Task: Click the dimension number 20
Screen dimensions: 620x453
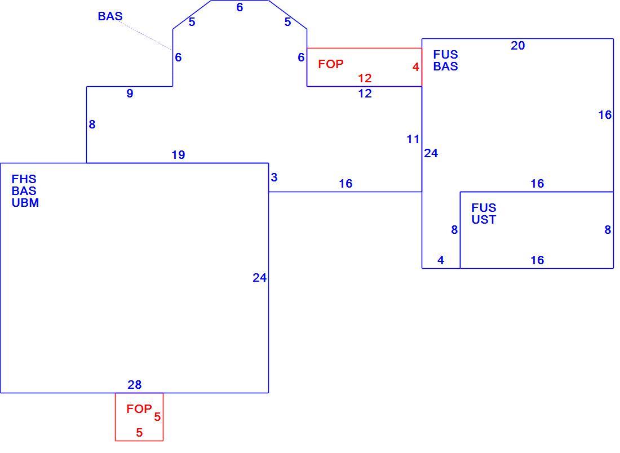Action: [517, 46]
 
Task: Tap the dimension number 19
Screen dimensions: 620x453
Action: [178, 155]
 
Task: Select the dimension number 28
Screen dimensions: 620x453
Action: [135, 385]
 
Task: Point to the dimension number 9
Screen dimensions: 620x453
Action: [130, 94]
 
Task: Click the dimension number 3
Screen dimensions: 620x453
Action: [274, 177]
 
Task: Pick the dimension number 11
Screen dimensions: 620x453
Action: [413, 139]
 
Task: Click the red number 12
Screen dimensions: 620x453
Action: [365, 78]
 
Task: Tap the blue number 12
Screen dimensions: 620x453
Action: [365, 94]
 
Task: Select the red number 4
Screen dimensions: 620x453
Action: [415, 67]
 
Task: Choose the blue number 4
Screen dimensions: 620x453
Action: [441, 260]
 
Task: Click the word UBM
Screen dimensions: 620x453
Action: [25, 203]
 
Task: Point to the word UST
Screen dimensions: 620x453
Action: [484, 220]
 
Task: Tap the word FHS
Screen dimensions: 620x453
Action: [24, 179]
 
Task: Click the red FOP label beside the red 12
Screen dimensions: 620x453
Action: [330, 64]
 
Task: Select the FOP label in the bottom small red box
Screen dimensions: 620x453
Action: [139, 408]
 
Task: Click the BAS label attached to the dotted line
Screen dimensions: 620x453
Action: [110, 16]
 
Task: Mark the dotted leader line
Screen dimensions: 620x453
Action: [145, 35]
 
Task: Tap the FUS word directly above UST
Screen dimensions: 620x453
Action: [484, 208]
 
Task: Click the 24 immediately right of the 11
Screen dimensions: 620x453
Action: [431, 153]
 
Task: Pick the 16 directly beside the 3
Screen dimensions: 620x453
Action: [346, 184]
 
